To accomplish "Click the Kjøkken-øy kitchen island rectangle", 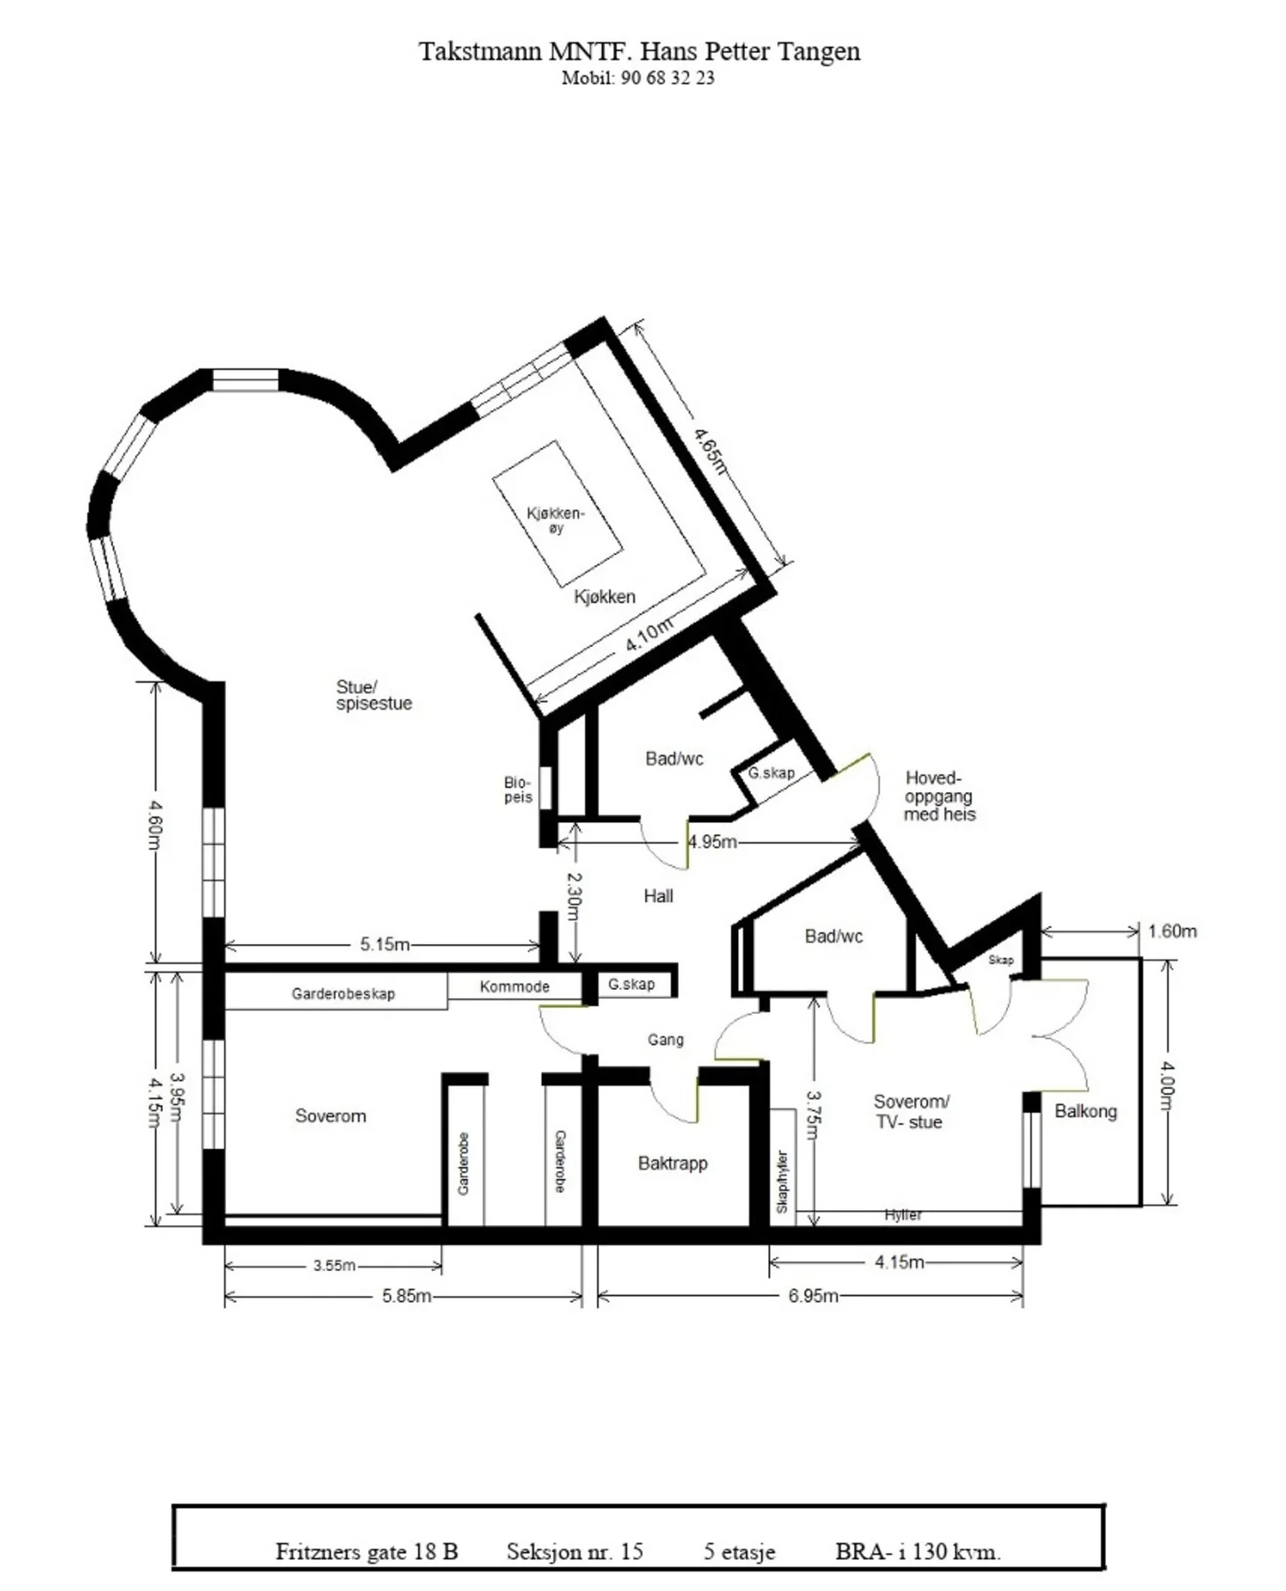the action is click(x=557, y=514).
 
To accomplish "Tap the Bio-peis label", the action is click(x=518, y=789).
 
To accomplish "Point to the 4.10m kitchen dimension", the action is click(x=649, y=636).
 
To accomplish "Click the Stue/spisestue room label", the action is click(x=374, y=695).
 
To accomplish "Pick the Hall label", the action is click(x=658, y=895).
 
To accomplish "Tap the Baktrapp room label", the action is click(x=673, y=1163).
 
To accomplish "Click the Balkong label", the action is click(x=1085, y=1111).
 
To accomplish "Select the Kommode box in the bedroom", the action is click(x=514, y=986).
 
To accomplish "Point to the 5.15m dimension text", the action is click(x=384, y=944).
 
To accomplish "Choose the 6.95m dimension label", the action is click(x=813, y=1296).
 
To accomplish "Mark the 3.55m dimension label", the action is click(x=334, y=1266).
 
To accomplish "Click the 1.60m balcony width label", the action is click(x=1172, y=931).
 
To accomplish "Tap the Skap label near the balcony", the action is click(x=1001, y=960).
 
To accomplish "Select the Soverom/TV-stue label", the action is click(x=910, y=1112).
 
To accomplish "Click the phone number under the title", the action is click(x=638, y=78).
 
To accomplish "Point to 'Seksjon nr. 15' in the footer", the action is click(x=575, y=1551).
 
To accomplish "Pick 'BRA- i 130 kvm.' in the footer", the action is click(x=918, y=1551).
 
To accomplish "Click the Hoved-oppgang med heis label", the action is click(x=940, y=795).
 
